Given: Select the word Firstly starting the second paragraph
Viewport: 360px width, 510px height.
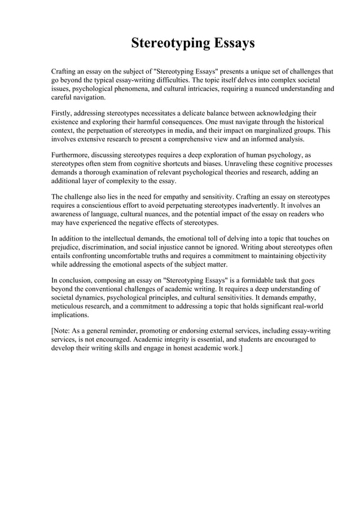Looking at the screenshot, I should click(x=63, y=112).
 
